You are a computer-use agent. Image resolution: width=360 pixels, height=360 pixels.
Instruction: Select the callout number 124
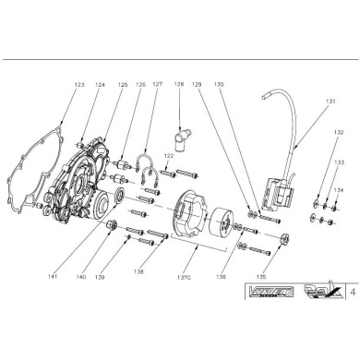(99, 84)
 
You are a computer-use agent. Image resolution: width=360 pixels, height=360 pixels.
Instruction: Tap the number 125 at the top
(122, 84)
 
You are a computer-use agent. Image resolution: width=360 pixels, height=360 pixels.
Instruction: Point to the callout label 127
(158, 84)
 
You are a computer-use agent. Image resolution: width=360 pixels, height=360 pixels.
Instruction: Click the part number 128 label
(178, 84)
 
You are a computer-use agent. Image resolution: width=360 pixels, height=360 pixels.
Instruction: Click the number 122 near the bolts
(168, 157)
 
